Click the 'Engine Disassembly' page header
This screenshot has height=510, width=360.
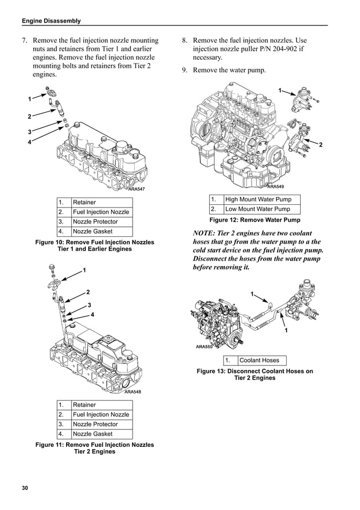pyautogui.click(x=51, y=21)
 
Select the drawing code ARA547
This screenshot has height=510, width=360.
pyautogui.click(x=137, y=189)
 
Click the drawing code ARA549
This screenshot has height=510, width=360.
pyautogui.click(x=275, y=186)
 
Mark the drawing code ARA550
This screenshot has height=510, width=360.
pyautogui.click(x=204, y=347)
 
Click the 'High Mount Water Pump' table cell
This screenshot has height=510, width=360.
pyautogui.click(x=258, y=199)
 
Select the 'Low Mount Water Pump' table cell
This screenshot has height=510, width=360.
pyautogui.click(x=258, y=209)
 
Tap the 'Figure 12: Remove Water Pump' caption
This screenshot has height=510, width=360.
pyautogui.click(x=254, y=220)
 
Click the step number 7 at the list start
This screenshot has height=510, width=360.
pyautogui.click(x=25, y=41)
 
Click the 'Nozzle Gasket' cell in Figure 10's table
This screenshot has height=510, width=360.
pyautogui.click(x=93, y=231)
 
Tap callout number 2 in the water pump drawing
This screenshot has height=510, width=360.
pyautogui.click(x=321, y=145)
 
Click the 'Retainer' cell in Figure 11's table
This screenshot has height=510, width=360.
pyautogui.click(x=85, y=405)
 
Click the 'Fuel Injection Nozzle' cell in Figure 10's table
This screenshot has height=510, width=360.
pyautogui.click(x=101, y=212)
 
